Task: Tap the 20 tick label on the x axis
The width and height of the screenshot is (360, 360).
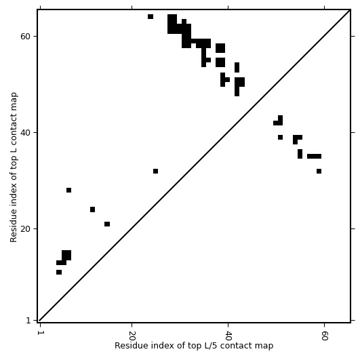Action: [x=132, y=336]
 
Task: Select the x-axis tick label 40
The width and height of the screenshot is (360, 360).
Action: [x=228, y=336]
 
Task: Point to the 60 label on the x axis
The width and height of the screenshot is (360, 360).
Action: [x=325, y=336]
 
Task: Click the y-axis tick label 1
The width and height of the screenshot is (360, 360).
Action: [x=28, y=320]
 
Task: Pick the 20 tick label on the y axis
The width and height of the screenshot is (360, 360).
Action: [x=26, y=229]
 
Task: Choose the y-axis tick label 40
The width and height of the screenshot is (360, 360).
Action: [x=26, y=133]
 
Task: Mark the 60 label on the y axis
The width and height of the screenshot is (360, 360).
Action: [x=26, y=37]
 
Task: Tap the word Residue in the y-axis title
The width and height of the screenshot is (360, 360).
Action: [x=14, y=225]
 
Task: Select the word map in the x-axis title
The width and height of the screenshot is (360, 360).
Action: [x=265, y=346]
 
